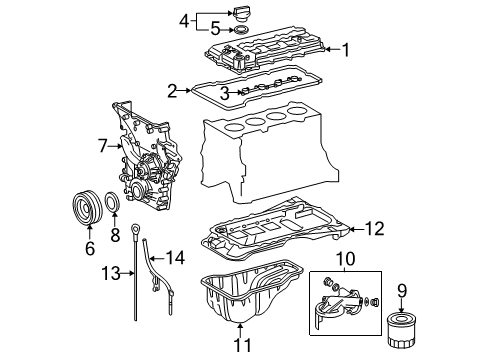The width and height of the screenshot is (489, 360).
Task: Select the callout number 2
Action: (x=172, y=91)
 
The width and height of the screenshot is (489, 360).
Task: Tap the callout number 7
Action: (x=102, y=147)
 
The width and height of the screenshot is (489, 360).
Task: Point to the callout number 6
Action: (x=89, y=248)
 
